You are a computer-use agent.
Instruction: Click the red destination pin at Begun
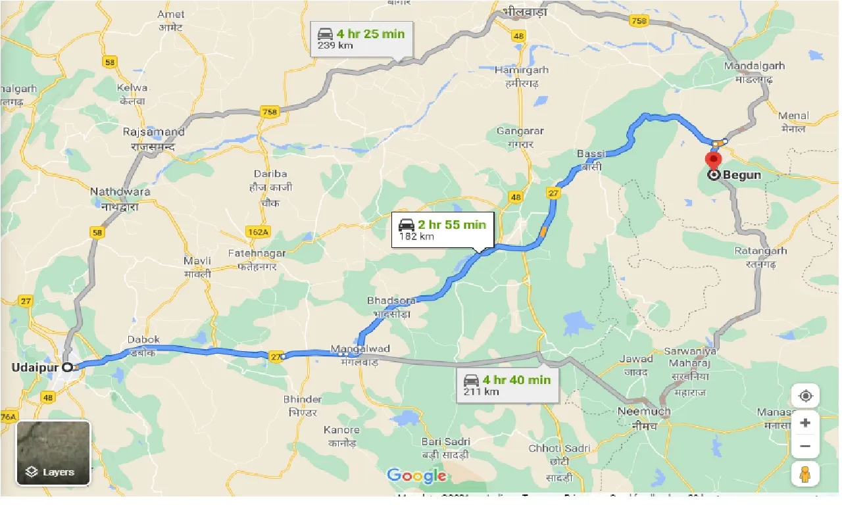(713, 160)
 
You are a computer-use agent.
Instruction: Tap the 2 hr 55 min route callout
(442, 229)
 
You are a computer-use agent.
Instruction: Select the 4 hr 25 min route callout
(361, 38)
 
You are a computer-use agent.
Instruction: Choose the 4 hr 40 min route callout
(507, 385)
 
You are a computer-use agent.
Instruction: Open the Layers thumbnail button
(53, 452)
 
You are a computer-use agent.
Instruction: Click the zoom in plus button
(805, 423)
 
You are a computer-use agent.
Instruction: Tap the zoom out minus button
(805, 447)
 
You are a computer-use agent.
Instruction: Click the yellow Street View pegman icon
(805, 473)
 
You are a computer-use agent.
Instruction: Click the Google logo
(416, 475)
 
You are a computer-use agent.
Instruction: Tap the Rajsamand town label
(154, 132)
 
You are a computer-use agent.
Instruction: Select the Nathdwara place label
(120, 192)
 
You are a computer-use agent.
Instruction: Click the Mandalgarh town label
(754, 66)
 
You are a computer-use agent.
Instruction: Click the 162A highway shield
(259, 231)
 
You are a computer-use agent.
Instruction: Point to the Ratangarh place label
(761, 251)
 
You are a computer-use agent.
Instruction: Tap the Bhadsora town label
(391, 301)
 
